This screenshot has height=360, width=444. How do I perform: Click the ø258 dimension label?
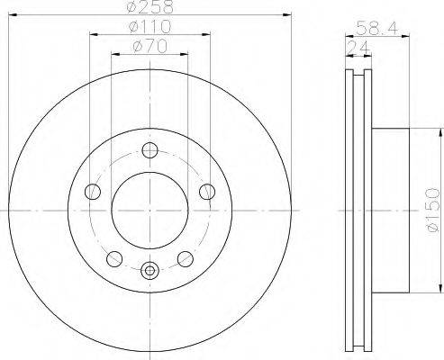click(150, 7)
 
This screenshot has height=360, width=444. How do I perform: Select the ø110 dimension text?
click(150, 27)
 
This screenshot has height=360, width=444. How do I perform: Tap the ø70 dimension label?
click(150, 47)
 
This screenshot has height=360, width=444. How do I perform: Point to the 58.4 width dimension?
click(377, 29)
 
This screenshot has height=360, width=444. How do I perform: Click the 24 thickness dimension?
click(358, 48)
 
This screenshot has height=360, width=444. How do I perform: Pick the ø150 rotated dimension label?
click(432, 210)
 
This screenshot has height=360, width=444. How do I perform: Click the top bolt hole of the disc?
click(150, 150)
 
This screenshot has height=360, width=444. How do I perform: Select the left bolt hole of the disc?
click(93, 192)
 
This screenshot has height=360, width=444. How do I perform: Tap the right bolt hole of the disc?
click(207, 192)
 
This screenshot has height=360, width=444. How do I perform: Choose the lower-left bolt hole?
click(114, 259)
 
